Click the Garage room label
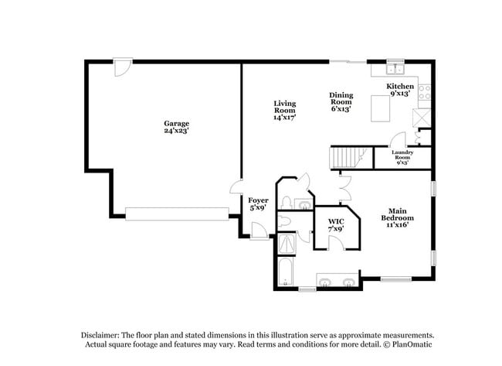[x=176, y=123]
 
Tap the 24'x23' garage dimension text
[x=176, y=131]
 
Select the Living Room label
[x=283, y=107]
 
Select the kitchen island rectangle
[x=381, y=108]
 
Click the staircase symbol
[x=347, y=158]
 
